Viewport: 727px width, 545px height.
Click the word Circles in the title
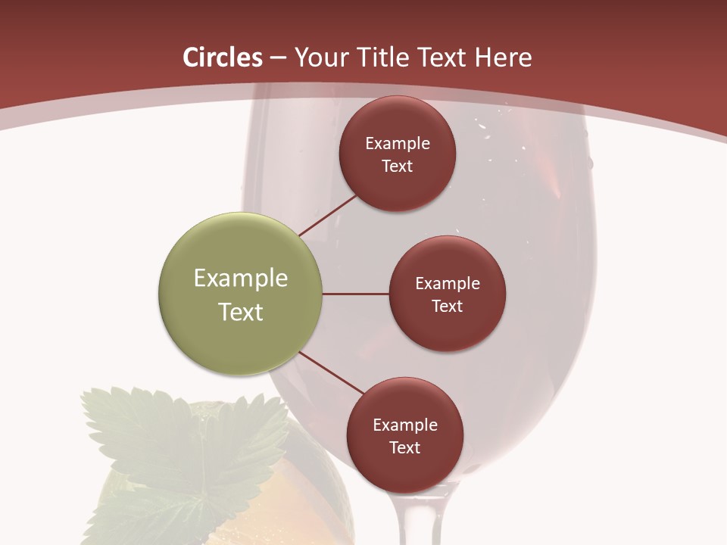click(222, 58)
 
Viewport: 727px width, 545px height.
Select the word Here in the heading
click(503, 58)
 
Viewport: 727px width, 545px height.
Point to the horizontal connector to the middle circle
click(355, 294)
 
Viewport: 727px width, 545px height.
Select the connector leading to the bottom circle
click(330, 372)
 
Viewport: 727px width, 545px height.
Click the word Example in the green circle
click(241, 279)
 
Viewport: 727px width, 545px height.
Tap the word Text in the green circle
click(241, 312)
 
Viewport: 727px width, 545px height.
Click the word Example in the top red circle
click(398, 144)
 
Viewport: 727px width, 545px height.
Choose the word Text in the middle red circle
click(448, 306)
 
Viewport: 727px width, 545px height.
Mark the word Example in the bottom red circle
click(405, 425)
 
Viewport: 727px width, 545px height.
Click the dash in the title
click(278, 58)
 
